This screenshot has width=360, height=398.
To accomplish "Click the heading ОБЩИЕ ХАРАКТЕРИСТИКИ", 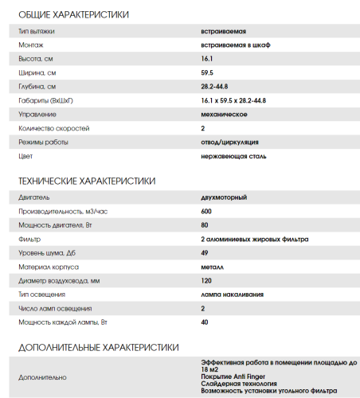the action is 73,15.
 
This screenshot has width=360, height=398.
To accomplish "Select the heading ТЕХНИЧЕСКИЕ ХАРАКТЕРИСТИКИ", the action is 86,181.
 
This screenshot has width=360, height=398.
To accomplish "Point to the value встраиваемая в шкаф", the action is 236,45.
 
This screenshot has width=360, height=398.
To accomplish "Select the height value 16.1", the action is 207,59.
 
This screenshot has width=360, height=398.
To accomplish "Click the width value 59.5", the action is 208,72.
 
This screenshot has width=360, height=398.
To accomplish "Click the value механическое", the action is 224,115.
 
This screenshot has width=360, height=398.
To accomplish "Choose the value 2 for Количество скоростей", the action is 203,128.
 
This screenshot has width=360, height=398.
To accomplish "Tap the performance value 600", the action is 206,211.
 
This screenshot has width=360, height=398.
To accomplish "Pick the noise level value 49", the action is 205,252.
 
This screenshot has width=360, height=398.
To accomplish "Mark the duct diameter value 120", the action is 206,280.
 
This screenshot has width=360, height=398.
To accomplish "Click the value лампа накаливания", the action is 233,294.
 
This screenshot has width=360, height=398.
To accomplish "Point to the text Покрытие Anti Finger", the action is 235,376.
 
